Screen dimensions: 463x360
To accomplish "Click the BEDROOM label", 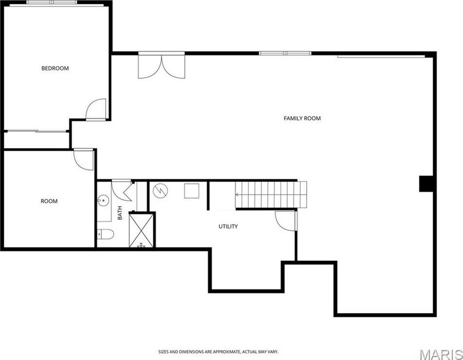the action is [x=55, y=68].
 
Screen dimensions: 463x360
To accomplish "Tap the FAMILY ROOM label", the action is [x=302, y=119].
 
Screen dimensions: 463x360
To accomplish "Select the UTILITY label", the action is [x=228, y=227].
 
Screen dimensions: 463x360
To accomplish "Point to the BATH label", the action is [x=120, y=213].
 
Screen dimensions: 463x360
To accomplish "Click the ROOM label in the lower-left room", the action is [x=49, y=201].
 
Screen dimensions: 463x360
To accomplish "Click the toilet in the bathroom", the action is [x=105, y=234].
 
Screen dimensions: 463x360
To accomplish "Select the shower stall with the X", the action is [x=142, y=230].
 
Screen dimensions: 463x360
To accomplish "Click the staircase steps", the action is [x=271, y=195].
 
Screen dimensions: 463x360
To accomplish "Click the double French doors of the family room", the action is [x=161, y=67].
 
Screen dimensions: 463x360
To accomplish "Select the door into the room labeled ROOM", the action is [x=84, y=159].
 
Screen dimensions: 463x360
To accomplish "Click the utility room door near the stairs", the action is [x=286, y=221].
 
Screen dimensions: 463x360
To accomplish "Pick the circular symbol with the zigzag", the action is [x=160, y=191].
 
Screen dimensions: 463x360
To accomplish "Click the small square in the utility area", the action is [x=192, y=191].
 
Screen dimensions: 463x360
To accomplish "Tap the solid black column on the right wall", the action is [x=426, y=184].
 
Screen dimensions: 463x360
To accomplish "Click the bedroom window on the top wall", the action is [x=52, y=2].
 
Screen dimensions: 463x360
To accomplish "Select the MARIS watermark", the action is [x=441, y=354].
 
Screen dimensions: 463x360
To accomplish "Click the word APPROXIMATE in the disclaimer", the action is [x=227, y=352].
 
